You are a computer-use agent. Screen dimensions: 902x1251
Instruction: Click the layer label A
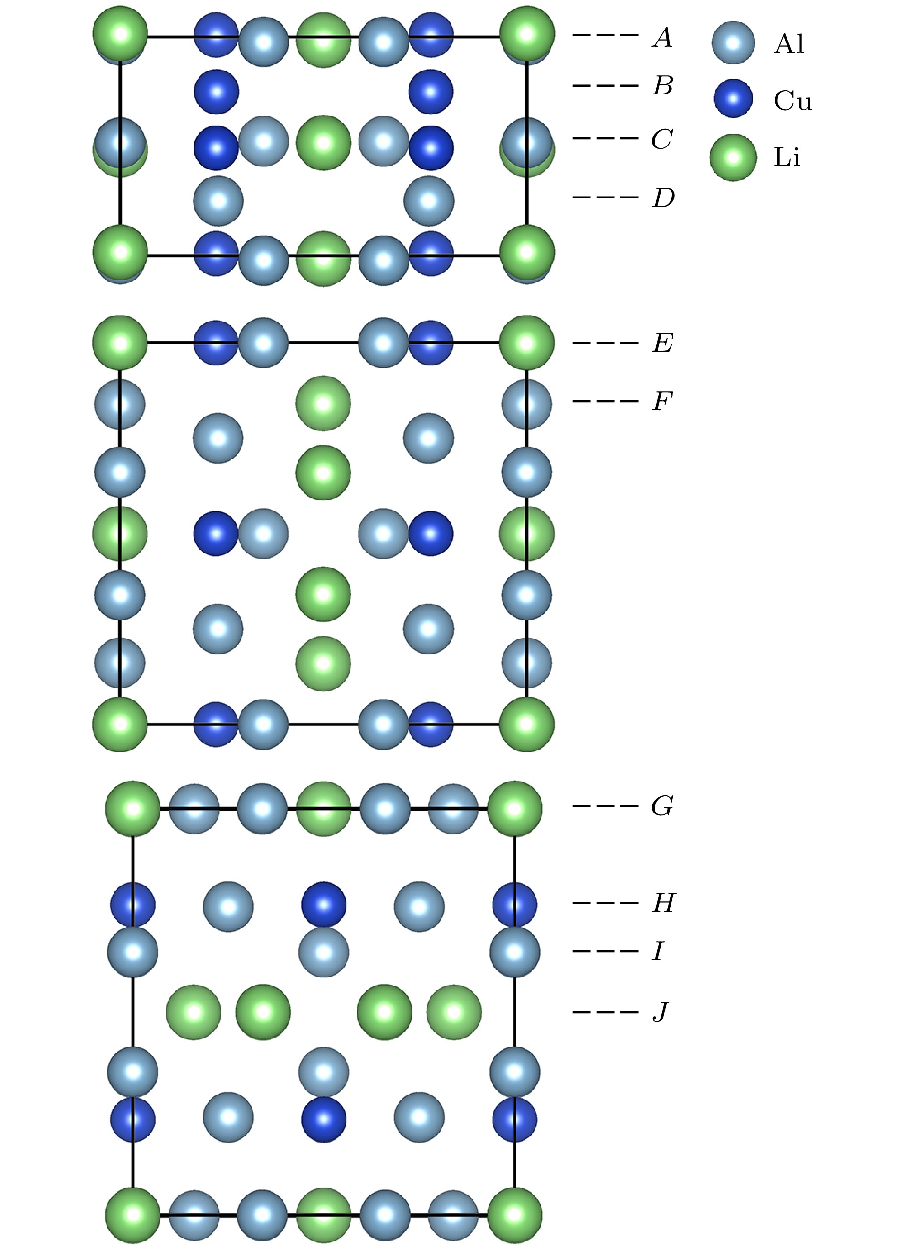pyautogui.click(x=662, y=38)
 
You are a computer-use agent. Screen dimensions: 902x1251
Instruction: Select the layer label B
pyautogui.click(x=662, y=86)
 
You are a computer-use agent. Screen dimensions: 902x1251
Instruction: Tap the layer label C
pyautogui.click(x=662, y=139)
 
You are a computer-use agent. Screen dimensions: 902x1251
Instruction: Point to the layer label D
pyautogui.click(x=663, y=198)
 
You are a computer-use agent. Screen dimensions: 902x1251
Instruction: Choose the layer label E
pyautogui.click(x=663, y=343)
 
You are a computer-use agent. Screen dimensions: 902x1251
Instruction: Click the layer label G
pyautogui.click(x=662, y=806)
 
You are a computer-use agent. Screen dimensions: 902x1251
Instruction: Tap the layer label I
pyautogui.click(x=658, y=951)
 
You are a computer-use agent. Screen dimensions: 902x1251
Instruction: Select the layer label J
pyautogui.click(x=661, y=1011)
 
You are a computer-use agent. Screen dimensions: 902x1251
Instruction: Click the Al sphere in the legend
pyautogui.click(x=733, y=43)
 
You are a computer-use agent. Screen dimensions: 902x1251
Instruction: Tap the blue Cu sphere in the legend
pyautogui.click(x=733, y=99)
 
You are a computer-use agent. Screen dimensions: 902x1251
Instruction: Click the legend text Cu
pyautogui.click(x=793, y=100)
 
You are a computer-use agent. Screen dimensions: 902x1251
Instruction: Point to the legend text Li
pyautogui.click(x=787, y=157)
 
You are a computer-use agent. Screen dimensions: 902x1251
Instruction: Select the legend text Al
pyautogui.click(x=789, y=43)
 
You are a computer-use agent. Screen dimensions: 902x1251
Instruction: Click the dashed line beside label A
pyautogui.click(x=606, y=35)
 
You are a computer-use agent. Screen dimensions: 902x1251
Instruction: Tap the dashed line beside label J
pyautogui.click(x=606, y=1012)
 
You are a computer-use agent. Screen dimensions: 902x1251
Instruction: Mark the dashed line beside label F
pyautogui.click(x=606, y=401)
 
